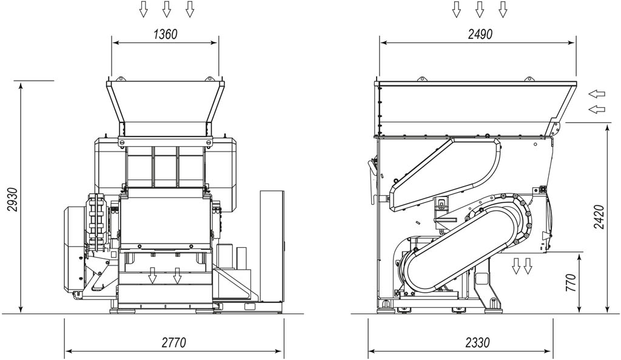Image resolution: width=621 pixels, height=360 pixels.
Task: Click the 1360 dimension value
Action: tap(165, 35)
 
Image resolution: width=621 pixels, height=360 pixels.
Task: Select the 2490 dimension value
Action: tap(480, 35)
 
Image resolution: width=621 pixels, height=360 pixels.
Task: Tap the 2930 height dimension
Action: tap(13, 200)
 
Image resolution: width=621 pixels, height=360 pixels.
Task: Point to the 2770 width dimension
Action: tap(174, 342)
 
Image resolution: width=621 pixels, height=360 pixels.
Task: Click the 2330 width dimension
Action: tap(478, 342)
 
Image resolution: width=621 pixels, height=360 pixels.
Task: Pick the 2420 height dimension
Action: tap(600, 217)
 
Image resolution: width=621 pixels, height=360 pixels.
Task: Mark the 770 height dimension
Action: tap(571, 282)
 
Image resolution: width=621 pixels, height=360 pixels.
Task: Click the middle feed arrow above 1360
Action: tap(166, 9)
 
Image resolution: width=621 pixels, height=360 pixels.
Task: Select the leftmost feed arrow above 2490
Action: tap(457, 9)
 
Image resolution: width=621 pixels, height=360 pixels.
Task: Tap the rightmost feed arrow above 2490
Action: tap(503, 9)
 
